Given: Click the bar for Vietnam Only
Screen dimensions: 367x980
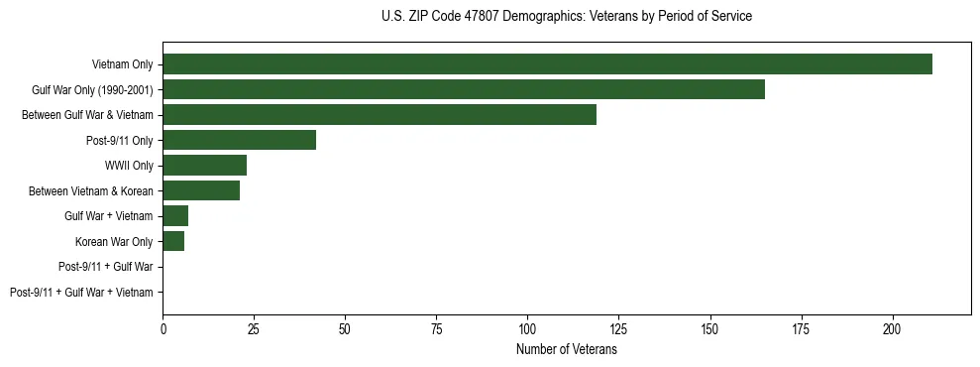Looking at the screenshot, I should click(547, 64).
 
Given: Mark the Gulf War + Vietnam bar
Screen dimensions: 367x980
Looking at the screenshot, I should click(175, 216).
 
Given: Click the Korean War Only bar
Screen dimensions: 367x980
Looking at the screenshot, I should click(173, 241).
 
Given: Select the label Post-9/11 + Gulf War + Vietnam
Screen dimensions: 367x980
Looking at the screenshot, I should click(81, 293).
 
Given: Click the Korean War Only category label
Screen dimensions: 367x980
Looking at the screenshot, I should click(114, 241).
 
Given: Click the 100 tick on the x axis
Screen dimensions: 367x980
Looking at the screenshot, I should click(527, 327).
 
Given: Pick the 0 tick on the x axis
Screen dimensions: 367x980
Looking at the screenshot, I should click(163, 327).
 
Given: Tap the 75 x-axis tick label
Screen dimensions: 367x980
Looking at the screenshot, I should click(436, 327).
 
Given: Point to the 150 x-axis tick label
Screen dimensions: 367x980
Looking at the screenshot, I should click(709, 327).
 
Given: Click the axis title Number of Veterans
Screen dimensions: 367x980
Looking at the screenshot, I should click(567, 350).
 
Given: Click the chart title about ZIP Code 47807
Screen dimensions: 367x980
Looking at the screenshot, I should click(567, 17).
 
